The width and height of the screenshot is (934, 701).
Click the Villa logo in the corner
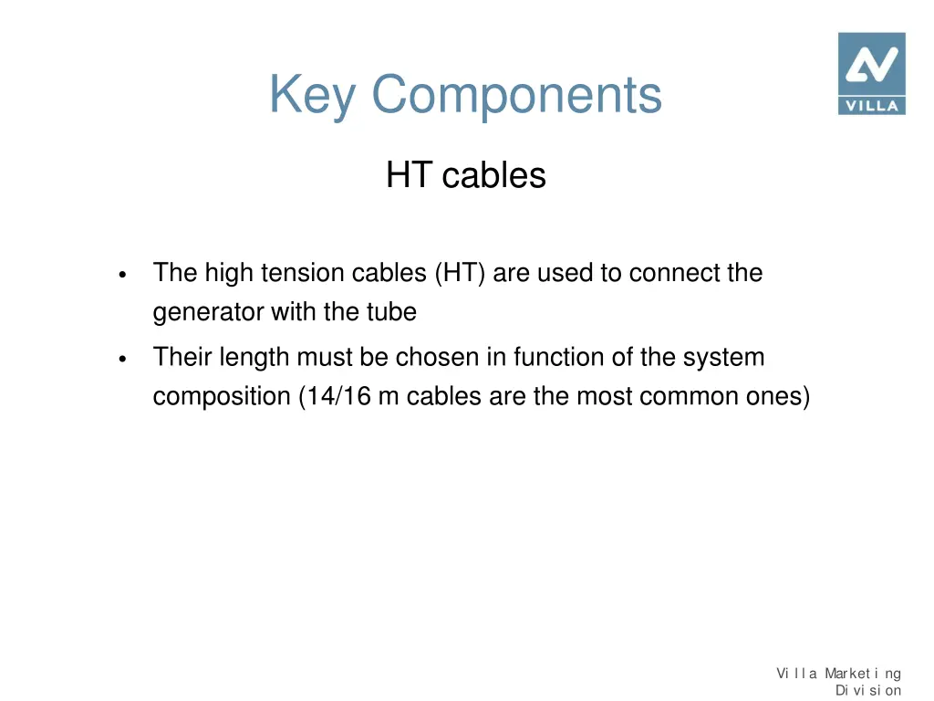click(x=871, y=73)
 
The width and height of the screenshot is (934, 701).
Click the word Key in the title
click(x=313, y=95)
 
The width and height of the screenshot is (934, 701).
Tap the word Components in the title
click(x=516, y=95)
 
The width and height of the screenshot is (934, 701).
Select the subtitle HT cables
click(x=465, y=175)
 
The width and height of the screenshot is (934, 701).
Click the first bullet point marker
click(x=121, y=275)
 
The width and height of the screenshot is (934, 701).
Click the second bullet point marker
click(x=121, y=359)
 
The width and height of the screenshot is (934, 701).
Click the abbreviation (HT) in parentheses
click(x=461, y=273)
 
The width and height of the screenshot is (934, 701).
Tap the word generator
click(x=208, y=313)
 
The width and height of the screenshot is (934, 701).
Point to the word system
click(x=722, y=357)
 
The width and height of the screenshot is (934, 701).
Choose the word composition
click(x=222, y=397)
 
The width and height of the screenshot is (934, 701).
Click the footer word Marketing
click(x=863, y=674)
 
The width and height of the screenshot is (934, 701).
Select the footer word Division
click(x=868, y=691)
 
